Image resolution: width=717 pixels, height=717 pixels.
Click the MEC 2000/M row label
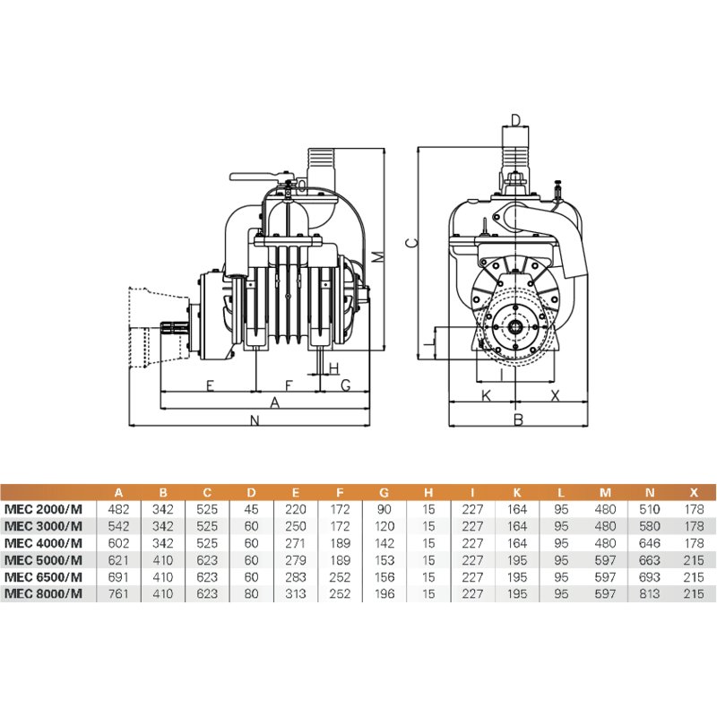43,509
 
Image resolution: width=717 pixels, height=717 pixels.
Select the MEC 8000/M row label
43,594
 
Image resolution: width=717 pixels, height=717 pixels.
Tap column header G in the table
384,493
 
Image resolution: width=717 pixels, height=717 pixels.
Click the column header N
650,493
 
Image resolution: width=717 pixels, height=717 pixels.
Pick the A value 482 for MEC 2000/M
118,509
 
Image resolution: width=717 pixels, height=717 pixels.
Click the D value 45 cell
252,509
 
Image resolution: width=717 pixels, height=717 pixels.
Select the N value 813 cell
650,594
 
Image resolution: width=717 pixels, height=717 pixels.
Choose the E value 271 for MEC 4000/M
296,543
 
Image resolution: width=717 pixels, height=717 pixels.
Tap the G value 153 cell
384,560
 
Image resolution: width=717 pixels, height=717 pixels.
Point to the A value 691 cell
118,577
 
